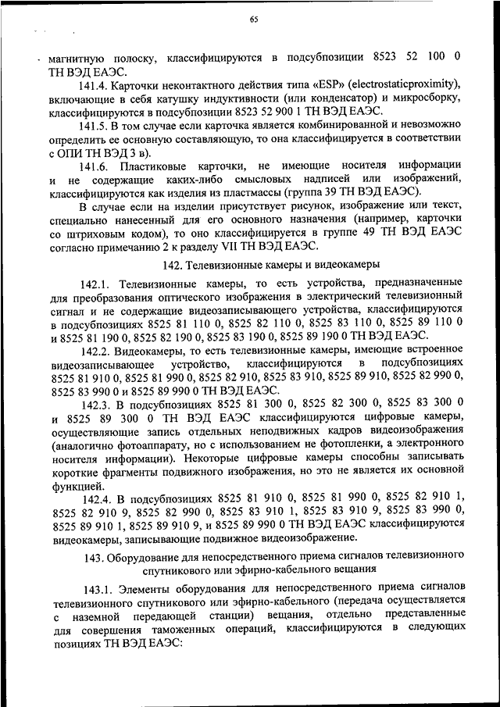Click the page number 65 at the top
point(254,21)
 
